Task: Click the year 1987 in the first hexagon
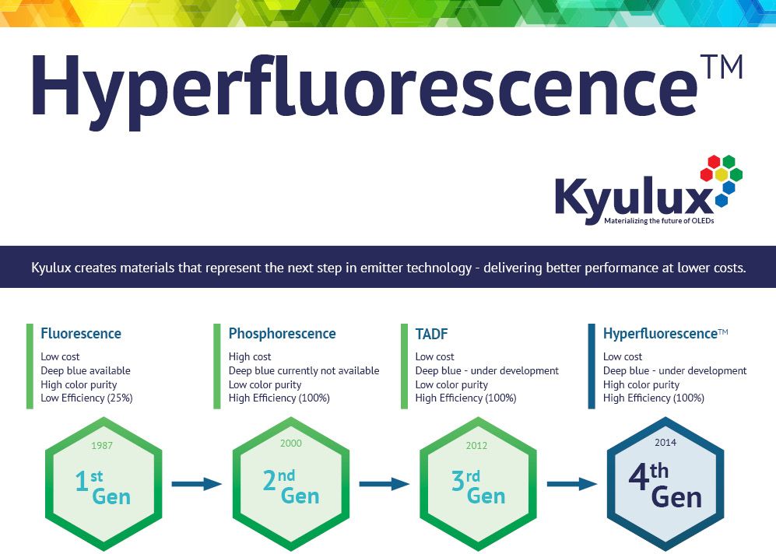102,445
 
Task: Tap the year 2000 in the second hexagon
291,444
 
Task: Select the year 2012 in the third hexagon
476,446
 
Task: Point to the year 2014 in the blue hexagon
665,442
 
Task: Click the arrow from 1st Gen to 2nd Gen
196,484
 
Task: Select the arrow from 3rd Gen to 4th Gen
571,484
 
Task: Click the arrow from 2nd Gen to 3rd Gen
384,484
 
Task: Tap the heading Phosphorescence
282,334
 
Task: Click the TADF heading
431,334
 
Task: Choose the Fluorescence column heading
81,334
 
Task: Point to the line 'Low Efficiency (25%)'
86,398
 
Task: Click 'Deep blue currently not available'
304,370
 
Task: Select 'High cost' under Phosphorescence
250,356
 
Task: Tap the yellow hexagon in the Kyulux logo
722,174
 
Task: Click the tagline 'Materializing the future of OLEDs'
659,221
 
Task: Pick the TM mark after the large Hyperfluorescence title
722,67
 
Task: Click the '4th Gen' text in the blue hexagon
665,486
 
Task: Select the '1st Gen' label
103,488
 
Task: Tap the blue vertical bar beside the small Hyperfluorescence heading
592,366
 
